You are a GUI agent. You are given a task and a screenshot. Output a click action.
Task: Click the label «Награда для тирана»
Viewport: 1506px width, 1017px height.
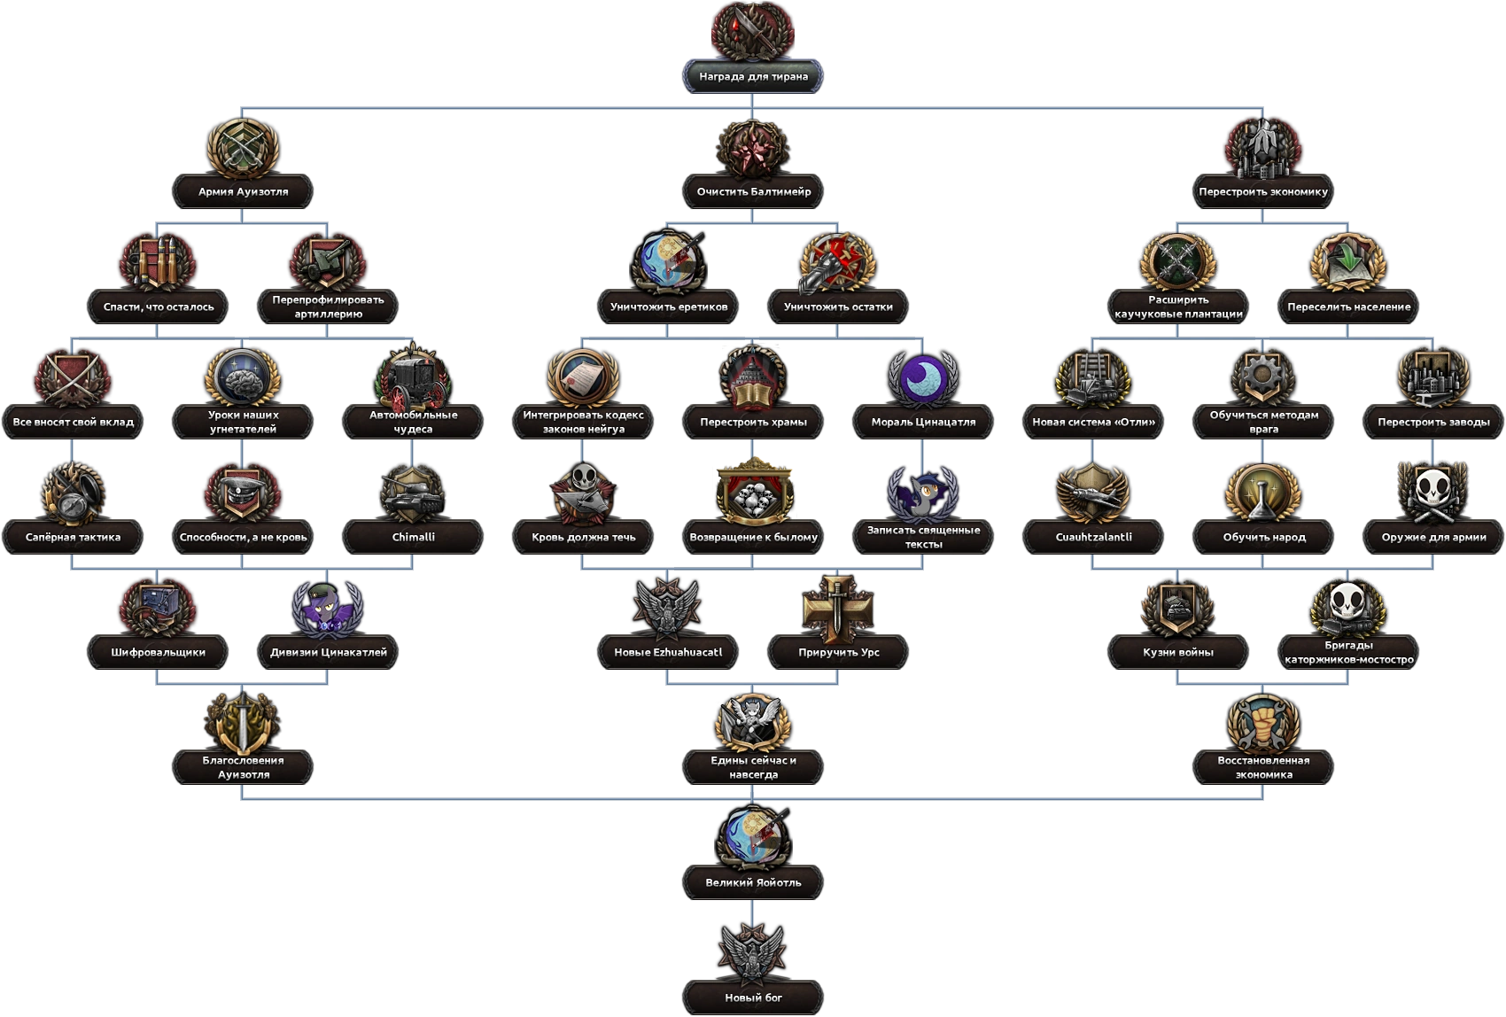tap(753, 76)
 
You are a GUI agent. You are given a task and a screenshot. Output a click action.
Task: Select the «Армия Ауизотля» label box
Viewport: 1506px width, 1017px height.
tap(243, 191)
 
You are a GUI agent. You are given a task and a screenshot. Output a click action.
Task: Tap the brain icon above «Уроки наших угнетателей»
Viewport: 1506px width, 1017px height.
tap(243, 377)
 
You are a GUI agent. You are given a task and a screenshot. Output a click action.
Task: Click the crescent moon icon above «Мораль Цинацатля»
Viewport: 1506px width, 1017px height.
tap(923, 377)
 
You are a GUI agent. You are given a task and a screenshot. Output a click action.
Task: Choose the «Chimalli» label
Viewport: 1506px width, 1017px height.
tap(413, 537)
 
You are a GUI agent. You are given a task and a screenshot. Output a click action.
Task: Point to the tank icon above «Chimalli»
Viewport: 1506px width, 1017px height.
tap(413, 492)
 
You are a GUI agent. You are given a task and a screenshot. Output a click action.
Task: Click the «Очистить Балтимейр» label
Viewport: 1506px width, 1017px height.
tap(753, 191)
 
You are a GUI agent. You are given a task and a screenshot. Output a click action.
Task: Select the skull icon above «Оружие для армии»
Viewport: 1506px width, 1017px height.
tap(1433, 492)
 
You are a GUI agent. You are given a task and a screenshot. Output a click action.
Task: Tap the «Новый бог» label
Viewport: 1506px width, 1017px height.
tap(753, 998)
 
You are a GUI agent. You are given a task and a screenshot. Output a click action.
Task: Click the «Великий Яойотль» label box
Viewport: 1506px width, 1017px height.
tap(753, 882)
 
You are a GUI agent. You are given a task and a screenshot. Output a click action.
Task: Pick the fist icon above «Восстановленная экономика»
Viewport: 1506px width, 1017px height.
tap(1263, 722)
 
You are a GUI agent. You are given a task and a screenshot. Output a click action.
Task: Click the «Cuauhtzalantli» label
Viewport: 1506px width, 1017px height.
tap(1093, 537)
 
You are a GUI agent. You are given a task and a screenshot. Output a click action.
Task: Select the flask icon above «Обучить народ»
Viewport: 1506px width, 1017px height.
tap(1263, 492)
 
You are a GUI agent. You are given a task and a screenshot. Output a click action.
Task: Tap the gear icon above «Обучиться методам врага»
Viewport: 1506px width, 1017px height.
tap(1263, 377)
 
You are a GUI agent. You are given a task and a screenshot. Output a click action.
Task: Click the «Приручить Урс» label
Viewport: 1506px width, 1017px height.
tap(838, 652)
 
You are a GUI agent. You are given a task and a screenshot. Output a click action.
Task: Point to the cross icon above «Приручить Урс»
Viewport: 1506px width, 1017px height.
tap(838, 607)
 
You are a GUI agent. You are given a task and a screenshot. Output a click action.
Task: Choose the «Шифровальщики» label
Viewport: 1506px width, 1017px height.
tap(158, 652)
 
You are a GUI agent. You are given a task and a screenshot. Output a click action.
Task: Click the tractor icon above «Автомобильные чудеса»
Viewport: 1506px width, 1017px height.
tap(413, 377)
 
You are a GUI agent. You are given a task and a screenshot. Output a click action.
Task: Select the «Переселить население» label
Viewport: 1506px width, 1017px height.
tap(1348, 307)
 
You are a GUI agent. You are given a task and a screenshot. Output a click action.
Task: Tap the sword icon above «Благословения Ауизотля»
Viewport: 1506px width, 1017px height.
tap(243, 722)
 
